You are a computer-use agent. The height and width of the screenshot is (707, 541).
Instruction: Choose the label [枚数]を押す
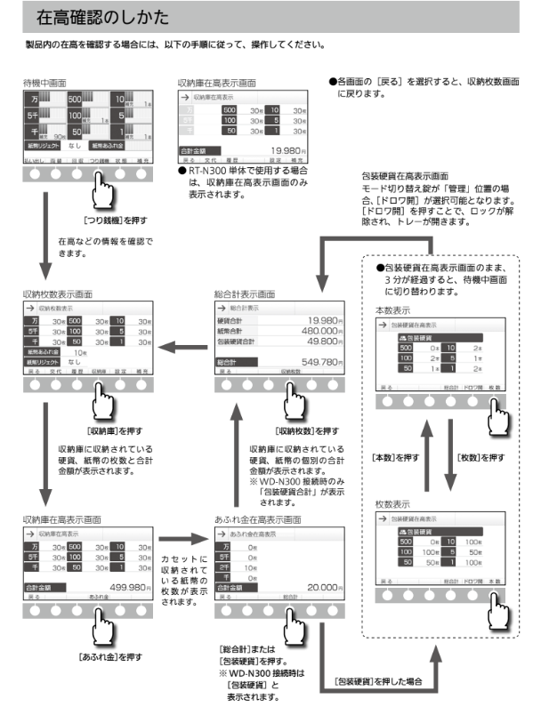(480, 457)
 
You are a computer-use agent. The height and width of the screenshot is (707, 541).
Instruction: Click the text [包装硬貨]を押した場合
(384, 680)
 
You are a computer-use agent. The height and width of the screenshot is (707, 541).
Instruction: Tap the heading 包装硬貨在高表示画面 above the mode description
(404, 177)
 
